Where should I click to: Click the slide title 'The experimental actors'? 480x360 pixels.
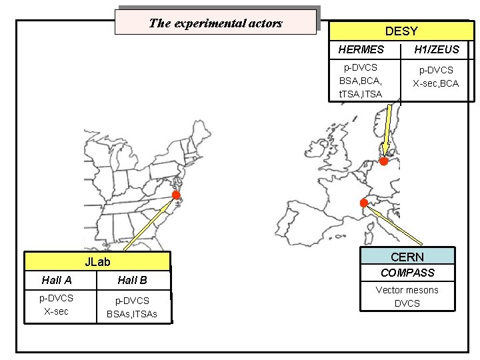pyautogui.click(x=215, y=23)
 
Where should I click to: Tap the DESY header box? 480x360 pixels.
pyautogui.click(x=401, y=31)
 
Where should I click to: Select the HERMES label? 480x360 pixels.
pyautogui.click(x=361, y=49)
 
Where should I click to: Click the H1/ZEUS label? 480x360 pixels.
pyautogui.click(x=437, y=49)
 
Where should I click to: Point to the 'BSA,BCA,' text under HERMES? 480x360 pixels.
pyautogui.click(x=360, y=81)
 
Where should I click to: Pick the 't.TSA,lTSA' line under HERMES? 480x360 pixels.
pyautogui.click(x=361, y=94)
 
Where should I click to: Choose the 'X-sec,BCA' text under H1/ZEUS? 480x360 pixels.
pyautogui.click(x=436, y=83)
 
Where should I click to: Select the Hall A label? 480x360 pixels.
pyautogui.click(x=57, y=280)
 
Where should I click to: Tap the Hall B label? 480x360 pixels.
pyautogui.click(x=132, y=280)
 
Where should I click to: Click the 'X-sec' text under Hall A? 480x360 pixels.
pyautogui.click(x=57, y=311)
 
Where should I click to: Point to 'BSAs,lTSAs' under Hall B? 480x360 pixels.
pyautogui.click(x=132, y=314)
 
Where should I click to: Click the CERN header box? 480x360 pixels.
pyautogui.click(x=407, y=257)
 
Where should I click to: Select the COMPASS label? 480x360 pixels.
pyautogui.click(x=407, y=273)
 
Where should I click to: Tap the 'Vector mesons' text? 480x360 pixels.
pyautogui.click(x=407, y=290)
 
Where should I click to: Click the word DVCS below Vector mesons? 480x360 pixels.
pyautogui.click(x=407, y=303)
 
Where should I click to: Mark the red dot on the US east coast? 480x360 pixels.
pyautogui.click(x=176, y=195)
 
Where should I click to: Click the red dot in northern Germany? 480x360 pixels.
pyautogui.click(x=384, y=161)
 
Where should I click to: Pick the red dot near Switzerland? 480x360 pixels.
pyautogui.click(x=364, y=202)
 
